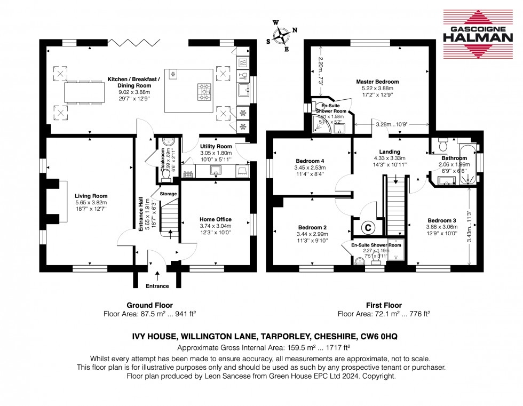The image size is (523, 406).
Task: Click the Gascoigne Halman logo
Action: (x=478, y=33)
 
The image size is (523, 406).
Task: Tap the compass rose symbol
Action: (x=281, y=36)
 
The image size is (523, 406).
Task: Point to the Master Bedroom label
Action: (x=377, y=82)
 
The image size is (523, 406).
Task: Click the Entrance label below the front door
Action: (x=157, y=286)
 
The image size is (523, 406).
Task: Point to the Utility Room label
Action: (x=216, y=146)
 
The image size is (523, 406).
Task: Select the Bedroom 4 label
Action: (x=310, y=161)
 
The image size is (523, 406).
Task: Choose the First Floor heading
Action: (x=384, y=306)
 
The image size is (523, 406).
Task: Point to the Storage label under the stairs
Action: (x=168, y=194)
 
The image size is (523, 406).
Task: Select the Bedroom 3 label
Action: (x=441, y=220)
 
